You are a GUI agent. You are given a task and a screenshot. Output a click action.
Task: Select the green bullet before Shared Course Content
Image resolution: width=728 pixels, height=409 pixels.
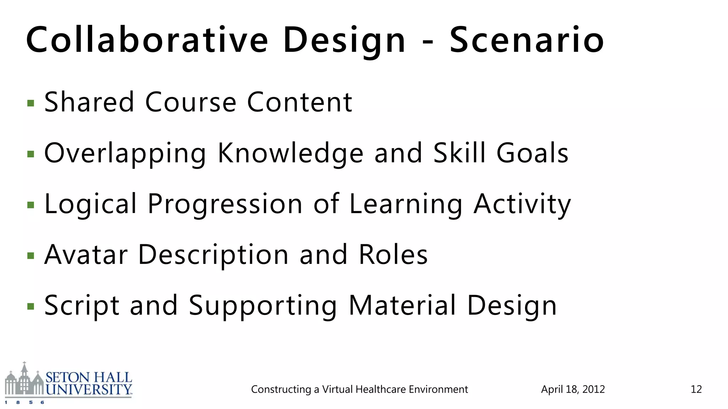click(31, 103)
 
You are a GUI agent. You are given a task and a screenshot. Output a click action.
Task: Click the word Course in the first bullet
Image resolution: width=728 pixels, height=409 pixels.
click(191, 102)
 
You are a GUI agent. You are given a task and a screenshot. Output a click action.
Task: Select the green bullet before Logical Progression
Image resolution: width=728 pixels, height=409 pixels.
click(31, 205)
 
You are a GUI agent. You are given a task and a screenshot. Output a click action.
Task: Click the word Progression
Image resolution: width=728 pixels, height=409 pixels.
click(225, 204)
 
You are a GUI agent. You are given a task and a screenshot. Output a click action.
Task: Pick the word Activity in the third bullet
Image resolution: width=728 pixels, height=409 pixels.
click(522, 204)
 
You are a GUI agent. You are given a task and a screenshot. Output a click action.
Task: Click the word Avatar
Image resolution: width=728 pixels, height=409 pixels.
click(86, 255)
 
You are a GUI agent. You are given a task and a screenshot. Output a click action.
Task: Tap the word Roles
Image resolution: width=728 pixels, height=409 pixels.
click(393, 255)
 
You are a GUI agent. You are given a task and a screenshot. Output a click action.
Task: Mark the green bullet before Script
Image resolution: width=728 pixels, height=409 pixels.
click(31, 306)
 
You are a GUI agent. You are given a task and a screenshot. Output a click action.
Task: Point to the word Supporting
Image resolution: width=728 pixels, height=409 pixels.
click(263, 306)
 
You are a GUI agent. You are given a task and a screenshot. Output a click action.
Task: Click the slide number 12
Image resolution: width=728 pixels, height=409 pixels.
click(696, 389)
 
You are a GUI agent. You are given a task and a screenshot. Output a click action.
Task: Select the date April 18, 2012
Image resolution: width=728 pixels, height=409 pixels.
click(573, 389)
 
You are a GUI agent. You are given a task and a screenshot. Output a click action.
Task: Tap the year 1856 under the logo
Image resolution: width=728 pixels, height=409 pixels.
click(25, 403)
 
